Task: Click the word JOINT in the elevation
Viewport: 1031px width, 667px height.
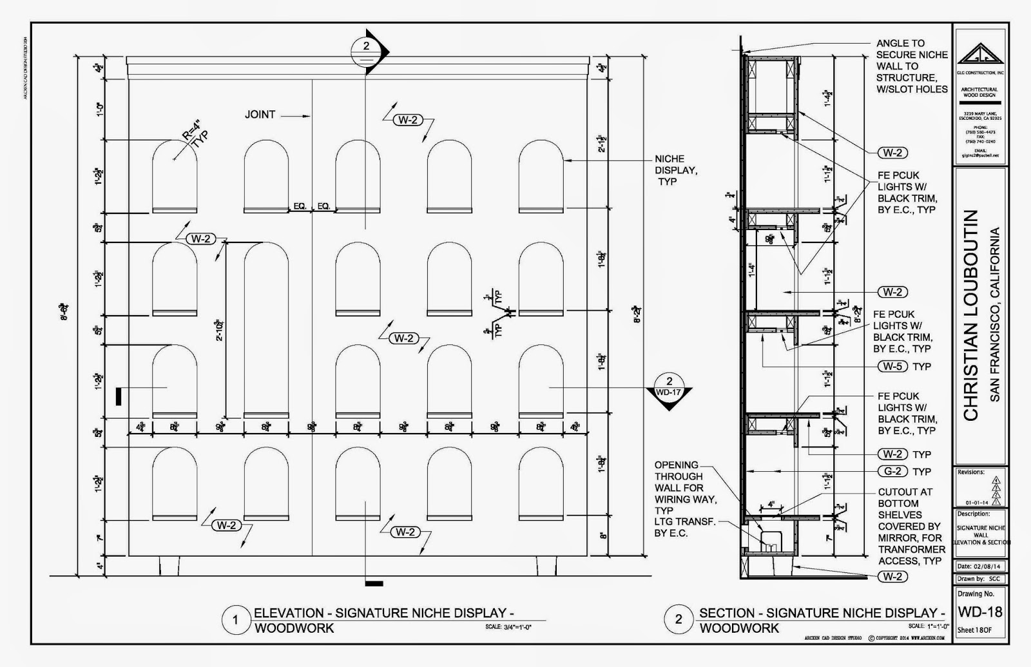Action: (260, 115)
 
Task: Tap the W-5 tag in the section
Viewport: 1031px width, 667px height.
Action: (892, 366)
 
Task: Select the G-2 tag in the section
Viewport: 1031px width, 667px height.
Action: (892, 471)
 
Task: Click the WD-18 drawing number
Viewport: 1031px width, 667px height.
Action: (979, 611)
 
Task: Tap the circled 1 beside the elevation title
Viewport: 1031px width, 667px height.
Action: (235, 620)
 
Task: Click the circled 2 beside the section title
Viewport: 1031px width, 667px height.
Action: (679, 620)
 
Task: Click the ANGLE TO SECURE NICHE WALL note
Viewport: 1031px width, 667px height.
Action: (911, 66)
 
